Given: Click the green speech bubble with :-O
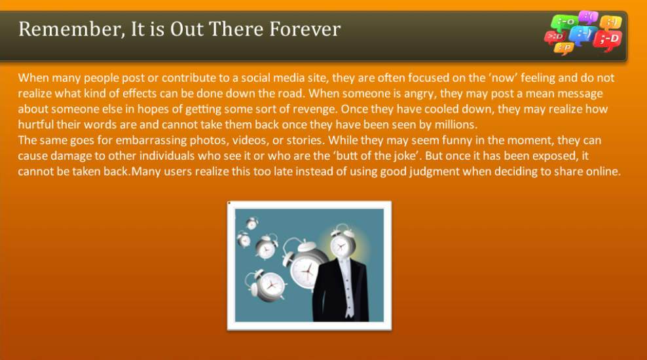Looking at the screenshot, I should (x=563, y=22).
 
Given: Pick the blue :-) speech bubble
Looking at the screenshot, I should (x=582, y=33).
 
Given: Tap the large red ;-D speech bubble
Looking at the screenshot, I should (x=608, y=41).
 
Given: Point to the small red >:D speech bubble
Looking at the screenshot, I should (x=554, y=37).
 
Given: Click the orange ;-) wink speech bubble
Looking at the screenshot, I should (x=610, y=24).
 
